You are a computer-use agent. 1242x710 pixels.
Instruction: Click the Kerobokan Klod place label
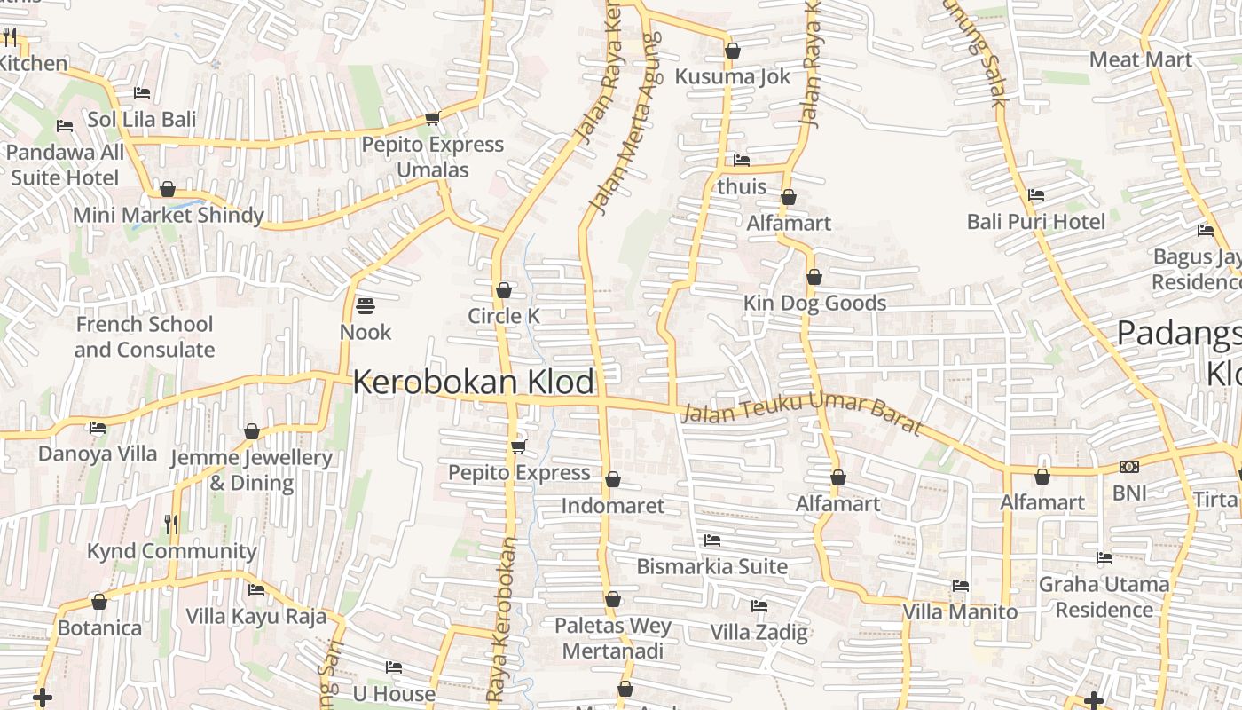point(474,383)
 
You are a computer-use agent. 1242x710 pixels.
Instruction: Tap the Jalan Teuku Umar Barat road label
point(803,414)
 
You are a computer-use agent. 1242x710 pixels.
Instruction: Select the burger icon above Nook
point(366,306)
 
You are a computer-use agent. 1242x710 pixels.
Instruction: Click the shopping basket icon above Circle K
point(504,290)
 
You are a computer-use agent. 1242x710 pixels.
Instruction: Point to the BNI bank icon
point(1129,467)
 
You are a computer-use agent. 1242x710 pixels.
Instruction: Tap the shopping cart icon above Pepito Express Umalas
point(432,118)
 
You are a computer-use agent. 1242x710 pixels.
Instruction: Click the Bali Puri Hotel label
point(1036,221)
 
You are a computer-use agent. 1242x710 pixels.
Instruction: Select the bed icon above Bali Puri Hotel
point(1035,195)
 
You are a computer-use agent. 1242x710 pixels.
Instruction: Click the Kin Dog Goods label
point(814,304)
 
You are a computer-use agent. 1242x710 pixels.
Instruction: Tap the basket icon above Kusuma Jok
point(733,51)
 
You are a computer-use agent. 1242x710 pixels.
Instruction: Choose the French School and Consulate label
point(144,337)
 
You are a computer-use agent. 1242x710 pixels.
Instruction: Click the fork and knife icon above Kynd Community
point(171,525)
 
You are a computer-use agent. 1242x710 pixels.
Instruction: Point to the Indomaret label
point(613,506)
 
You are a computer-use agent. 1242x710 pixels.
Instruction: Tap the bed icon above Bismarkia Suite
point(712,540)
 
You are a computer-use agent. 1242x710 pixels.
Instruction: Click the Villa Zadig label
point(759,632)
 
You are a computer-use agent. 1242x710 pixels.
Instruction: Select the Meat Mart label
point(1141,59)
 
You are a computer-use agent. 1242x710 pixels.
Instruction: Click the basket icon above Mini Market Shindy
point(168,189)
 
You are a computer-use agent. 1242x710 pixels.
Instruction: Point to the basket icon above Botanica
point(99,602)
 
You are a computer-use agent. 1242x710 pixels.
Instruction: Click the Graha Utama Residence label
point(1104,596)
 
